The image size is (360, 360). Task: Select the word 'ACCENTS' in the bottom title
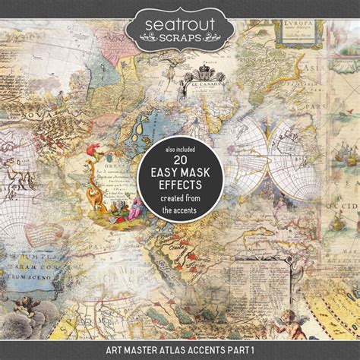point(208,351)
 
